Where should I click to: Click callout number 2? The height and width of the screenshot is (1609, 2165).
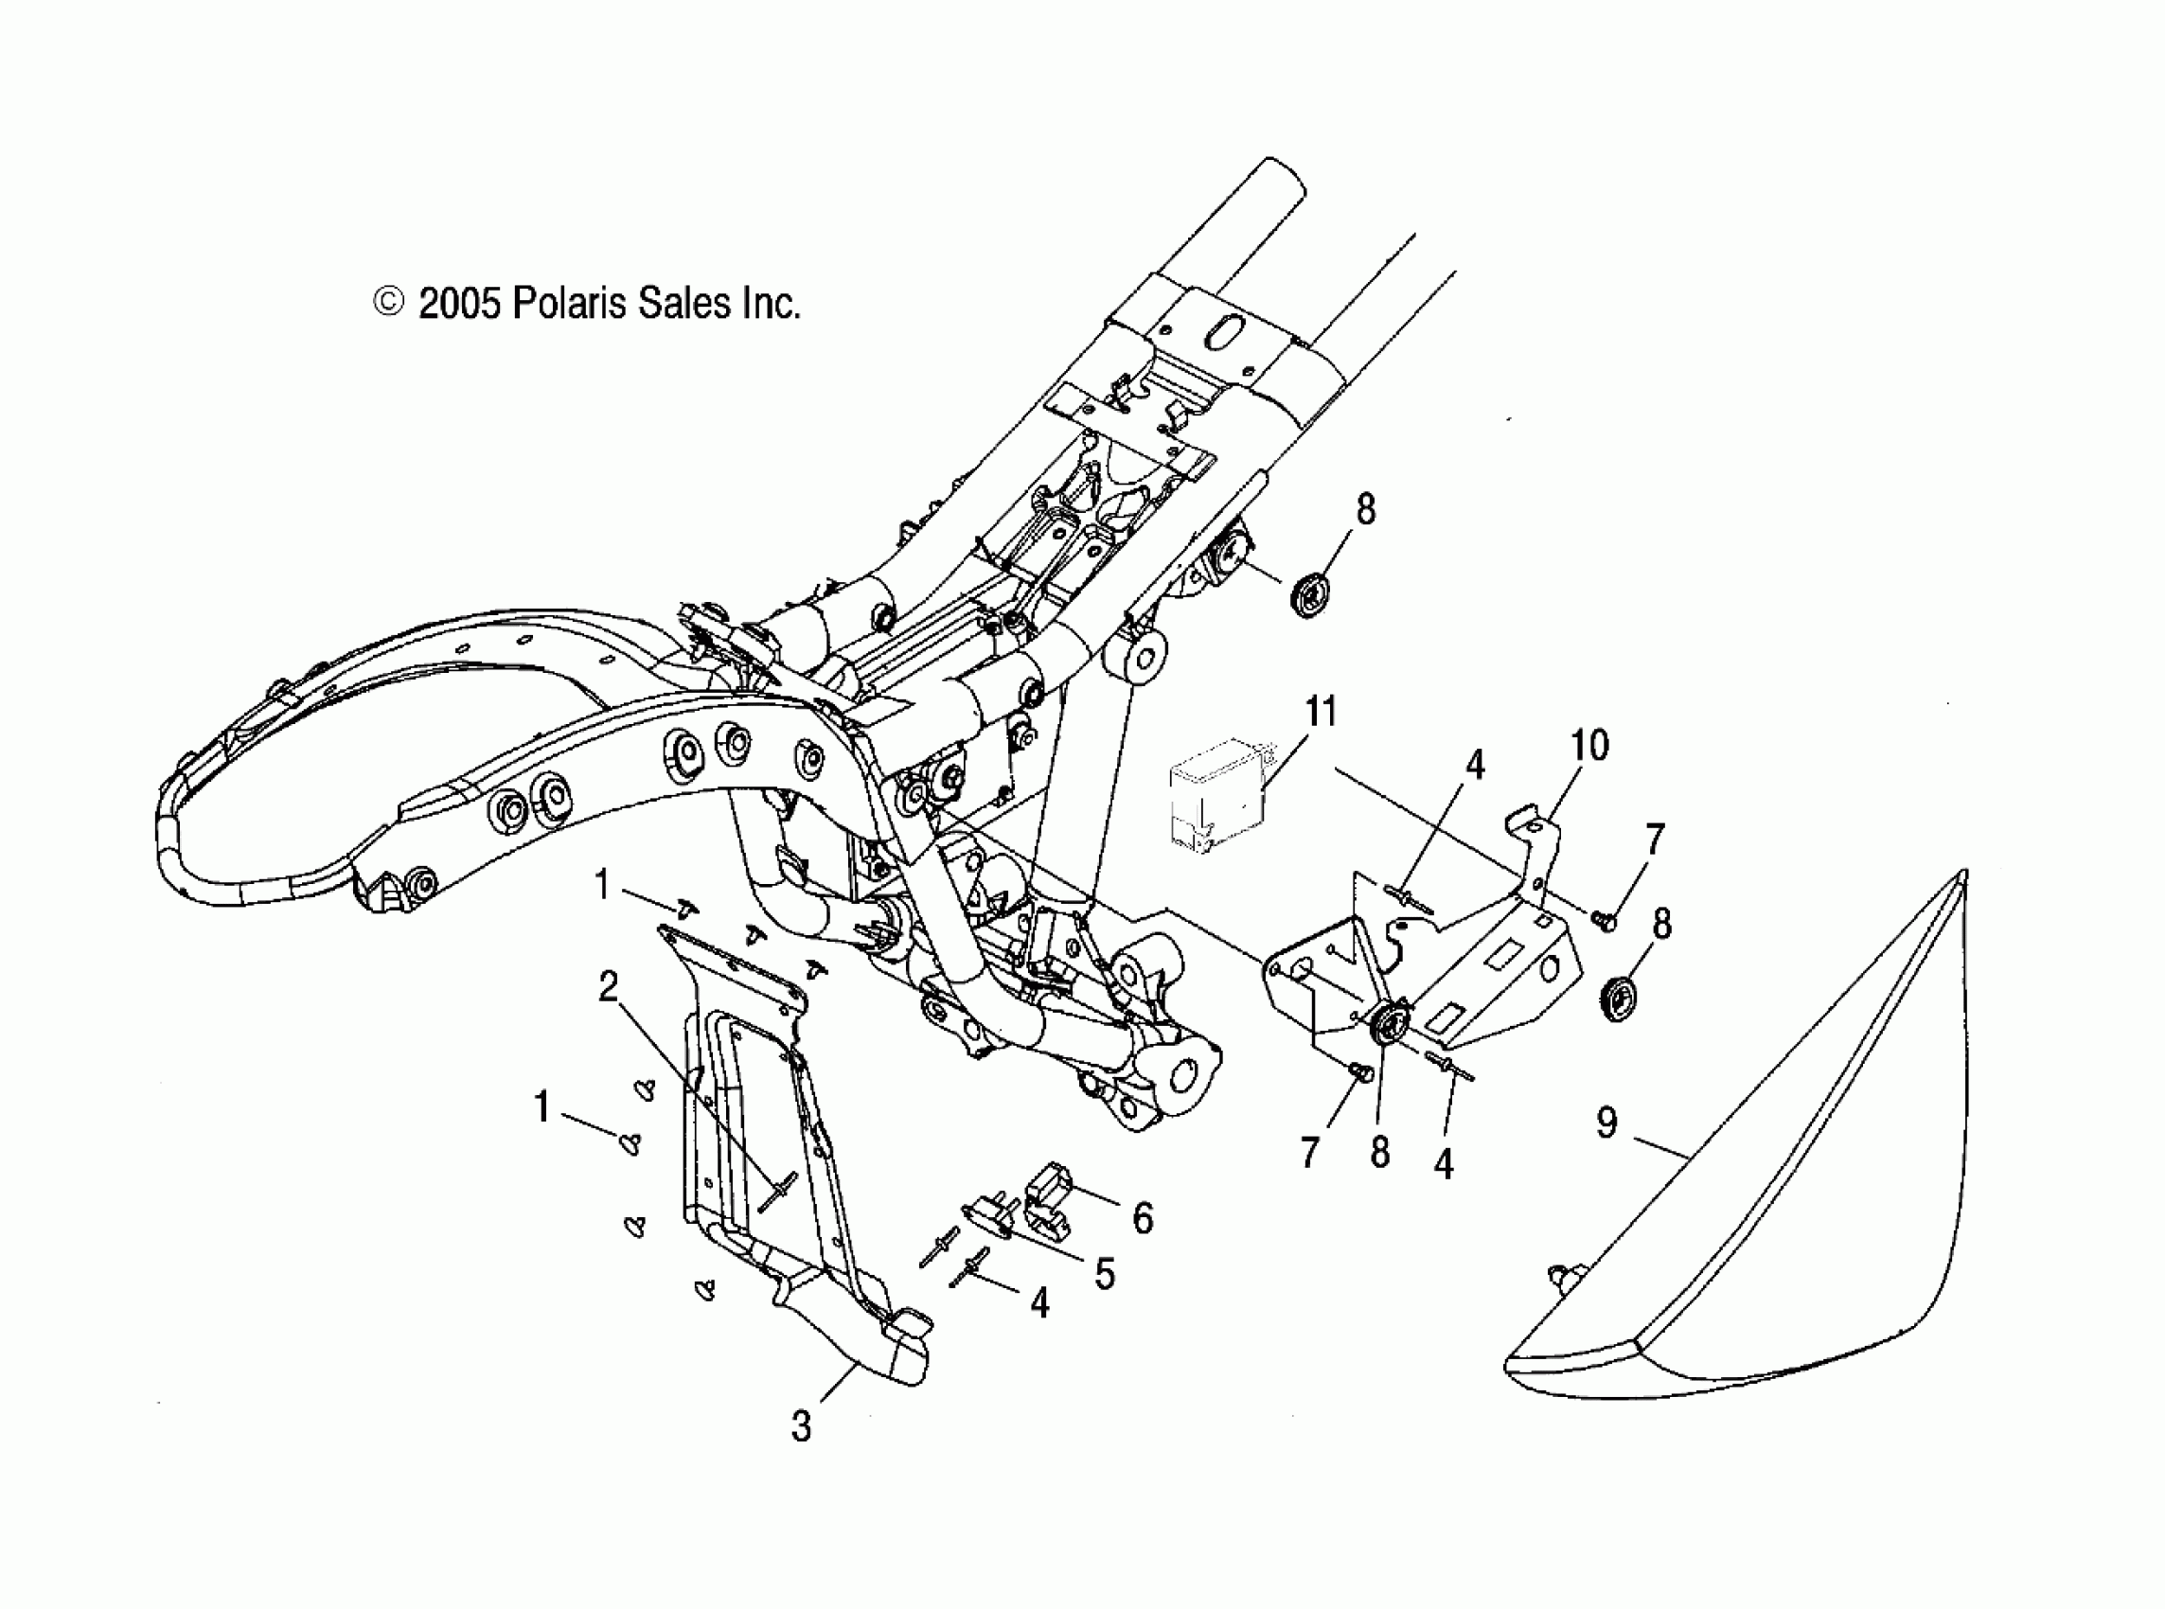(x=608, y=987)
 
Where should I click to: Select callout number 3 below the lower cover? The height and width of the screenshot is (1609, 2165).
(x=801, y=1427)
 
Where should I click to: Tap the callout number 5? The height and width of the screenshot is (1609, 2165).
(x=1104, y=1273)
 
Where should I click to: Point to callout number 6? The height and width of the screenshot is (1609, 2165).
(x=1143, y=1217)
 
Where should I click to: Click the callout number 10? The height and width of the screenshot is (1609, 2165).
(x=1589, y=746)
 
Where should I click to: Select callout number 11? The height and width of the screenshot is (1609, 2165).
(x=1321, y=712)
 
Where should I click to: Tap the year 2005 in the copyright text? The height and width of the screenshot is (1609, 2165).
(x=459, y=304)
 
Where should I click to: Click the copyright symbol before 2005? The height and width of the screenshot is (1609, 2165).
(x=388, y=303)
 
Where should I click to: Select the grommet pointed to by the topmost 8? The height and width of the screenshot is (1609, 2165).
(x=1311, y=594)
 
